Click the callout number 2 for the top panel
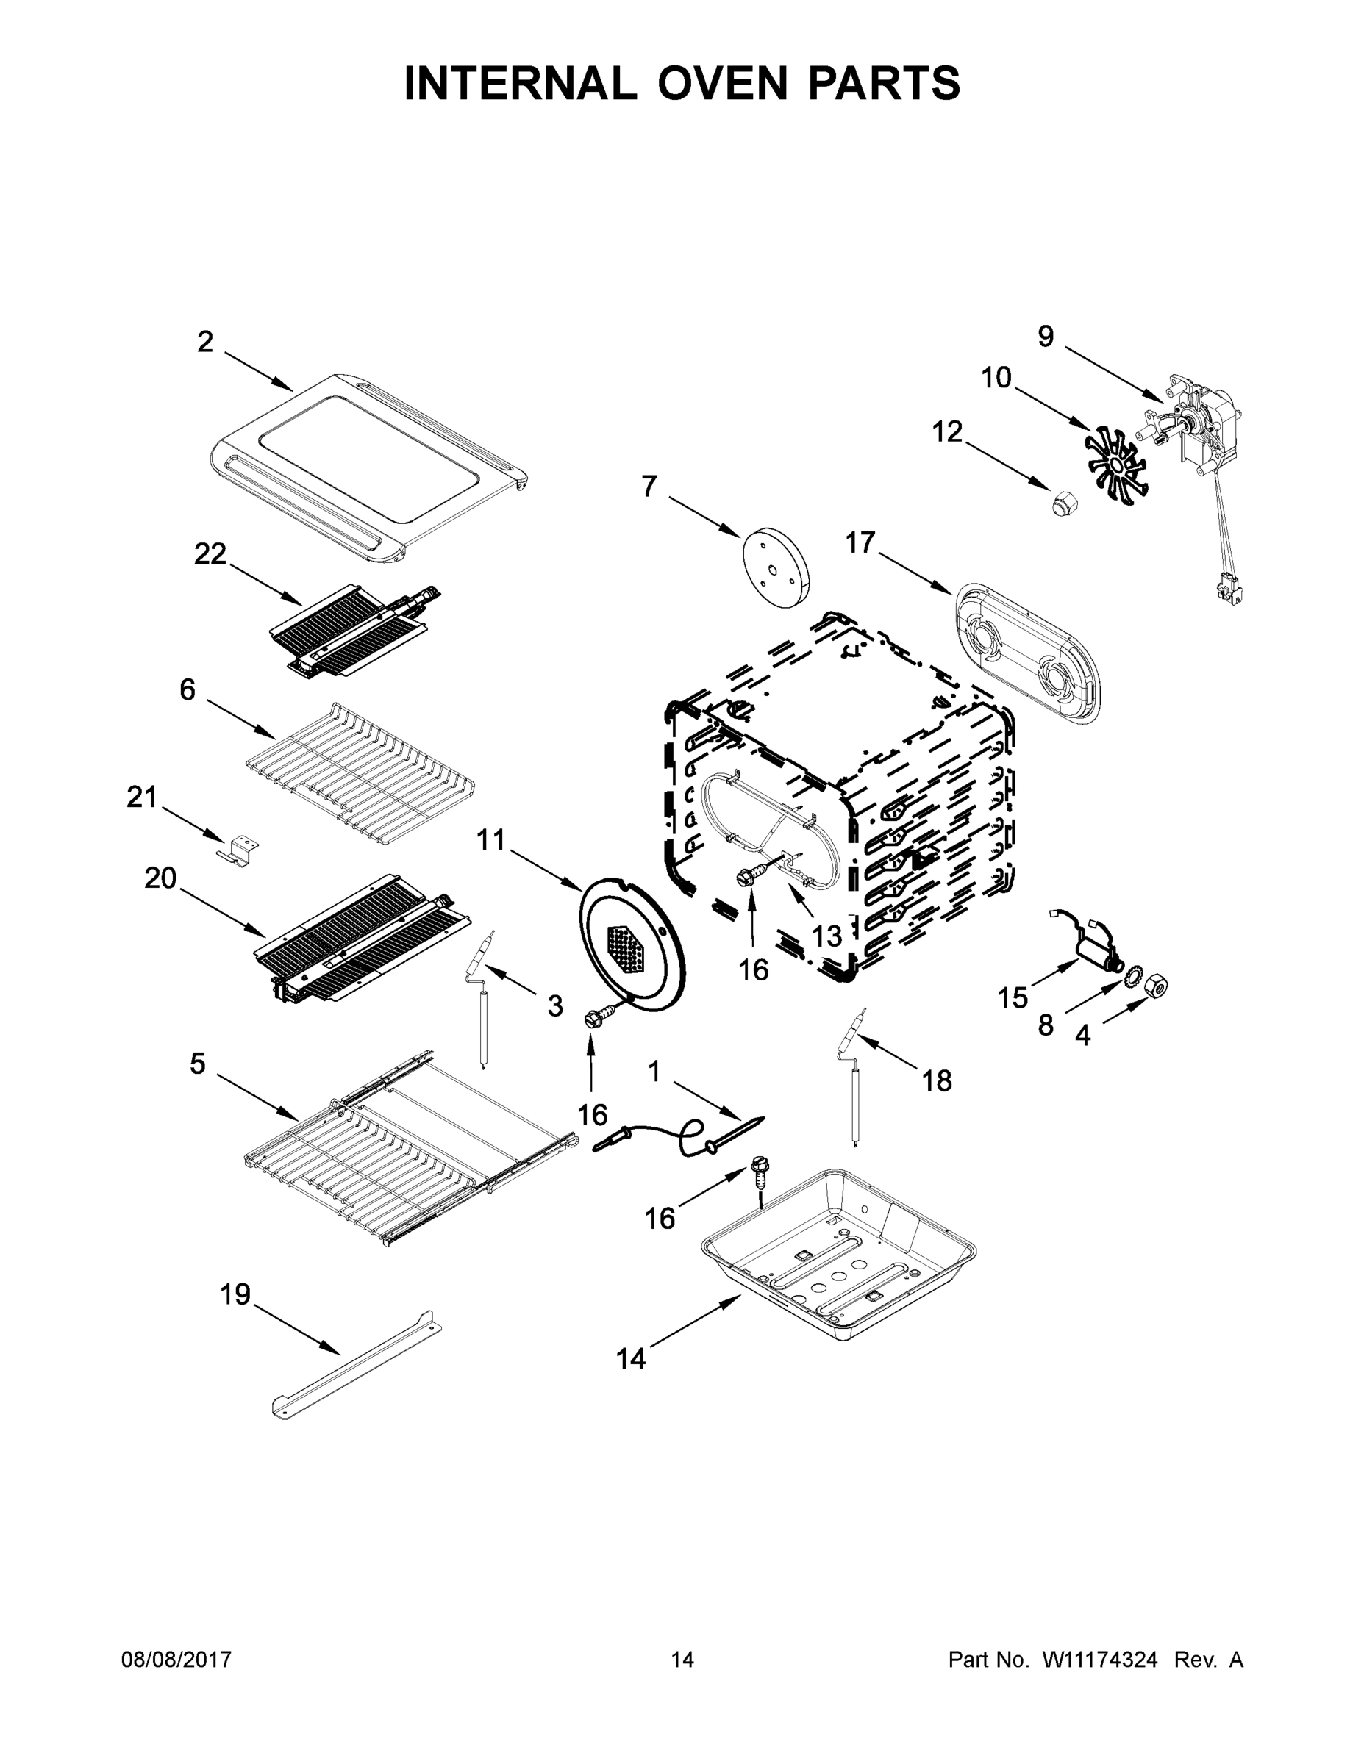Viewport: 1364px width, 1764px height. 205,343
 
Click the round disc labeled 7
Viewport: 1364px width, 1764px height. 775,566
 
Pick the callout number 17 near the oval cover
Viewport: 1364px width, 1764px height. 860,542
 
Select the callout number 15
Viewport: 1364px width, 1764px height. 1013,998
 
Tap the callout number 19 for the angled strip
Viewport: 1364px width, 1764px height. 236,1295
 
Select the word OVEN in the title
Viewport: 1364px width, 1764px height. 721,83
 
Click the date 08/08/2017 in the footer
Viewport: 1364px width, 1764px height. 176,1660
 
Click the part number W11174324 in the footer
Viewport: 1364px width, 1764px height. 1100,1660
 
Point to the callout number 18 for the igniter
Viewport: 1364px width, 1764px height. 937,1080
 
